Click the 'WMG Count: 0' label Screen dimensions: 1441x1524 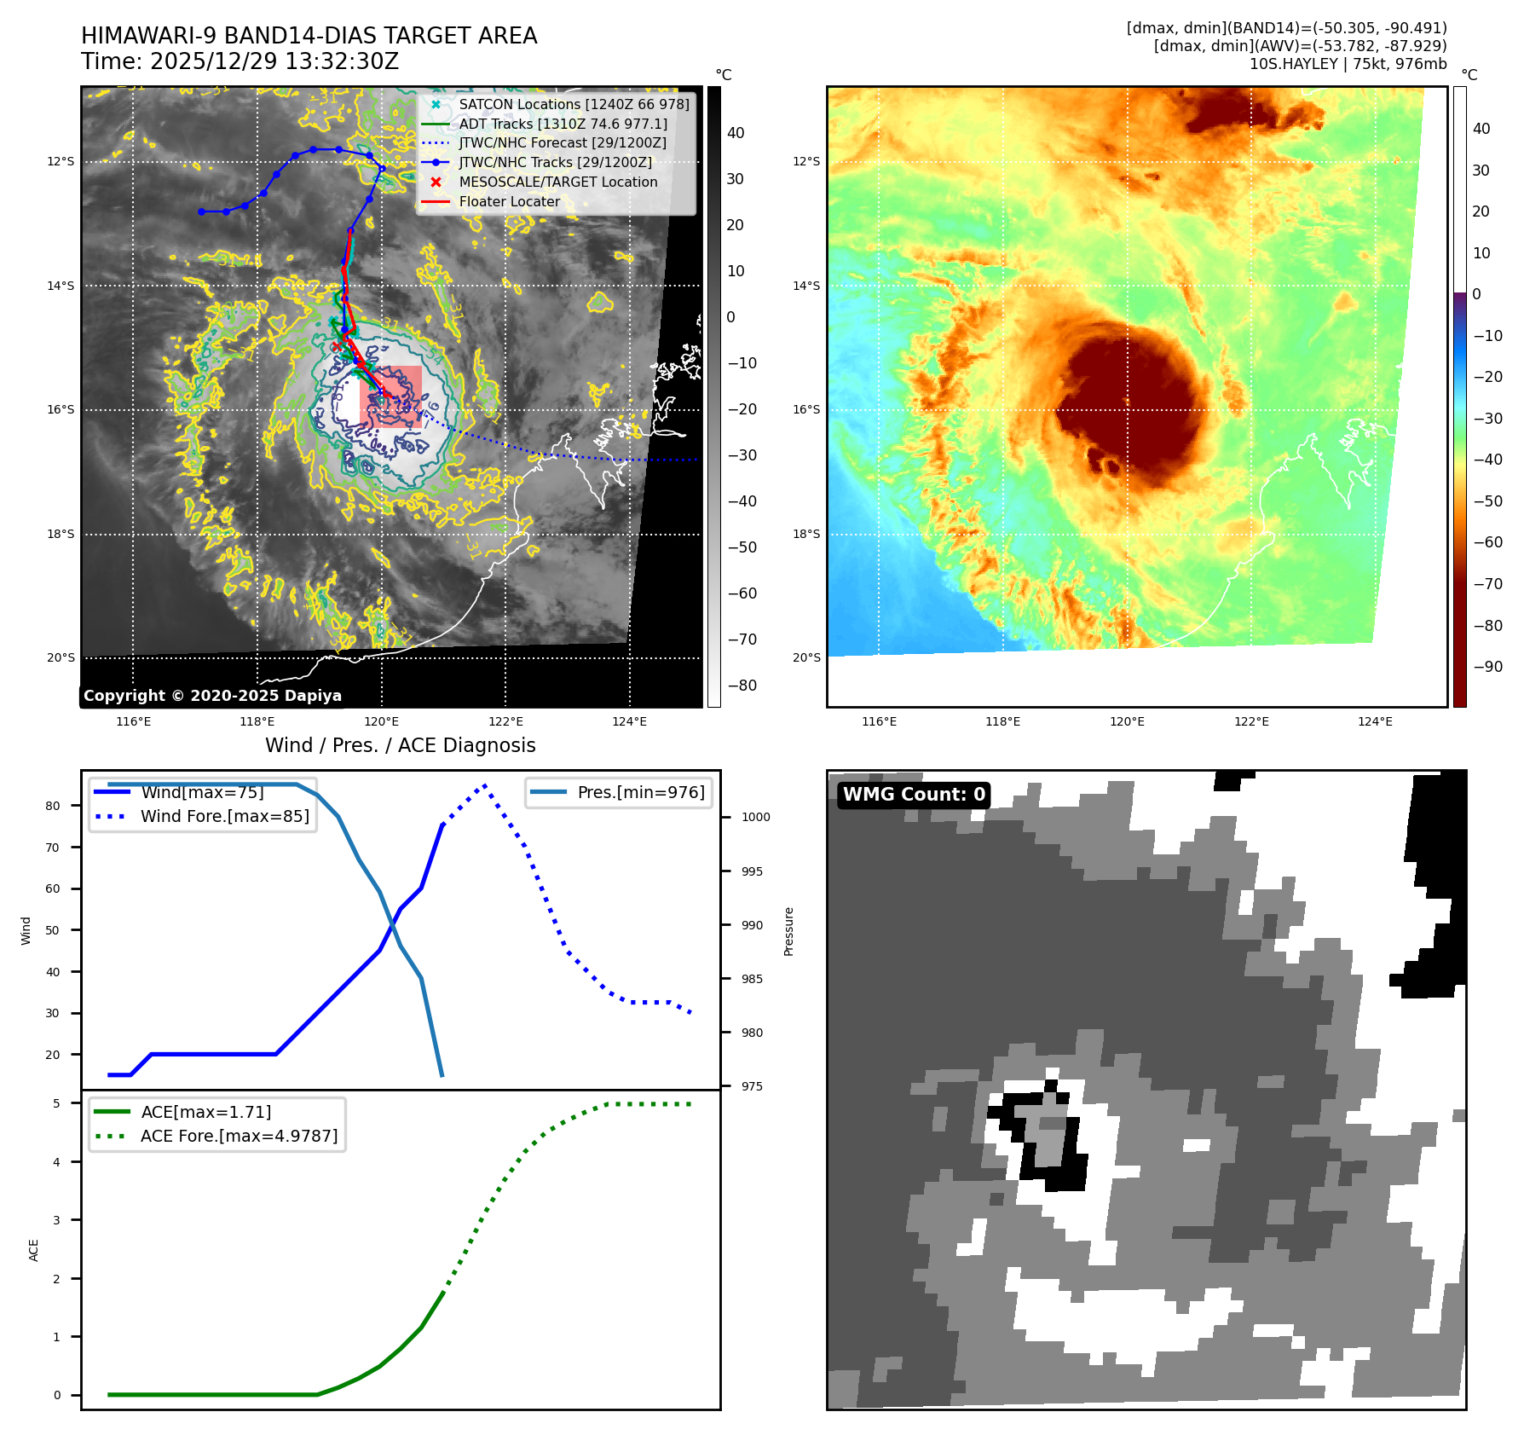pos(914,795)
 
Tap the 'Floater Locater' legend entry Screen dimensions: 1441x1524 pos(509,202)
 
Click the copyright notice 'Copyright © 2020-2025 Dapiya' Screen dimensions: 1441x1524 pos(212,696)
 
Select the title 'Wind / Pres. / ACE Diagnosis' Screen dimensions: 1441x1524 pos(400,745)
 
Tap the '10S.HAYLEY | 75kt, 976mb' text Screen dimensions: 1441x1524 pos(1348,64)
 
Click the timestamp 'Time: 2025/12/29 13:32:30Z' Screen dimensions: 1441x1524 pos(240,61)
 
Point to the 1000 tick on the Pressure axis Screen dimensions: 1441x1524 pos(755,817)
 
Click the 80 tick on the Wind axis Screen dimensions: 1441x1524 pos(53,806)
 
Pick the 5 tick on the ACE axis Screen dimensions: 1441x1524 pos(57,1103)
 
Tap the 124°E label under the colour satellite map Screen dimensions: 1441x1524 pos(1375,721)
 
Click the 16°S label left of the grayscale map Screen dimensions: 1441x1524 pos(61,410)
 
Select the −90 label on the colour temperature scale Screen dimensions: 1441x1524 pos(1488,667)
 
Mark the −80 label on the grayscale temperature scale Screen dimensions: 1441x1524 pos(742,686)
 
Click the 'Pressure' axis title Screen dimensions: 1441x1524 pos(788,931)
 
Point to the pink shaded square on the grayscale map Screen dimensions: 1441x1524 pos(390,396)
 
